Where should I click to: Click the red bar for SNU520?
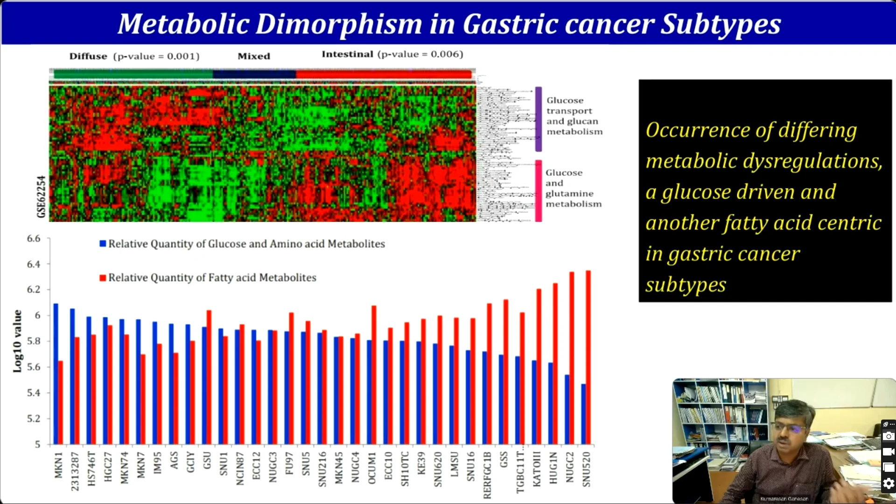[x=588, y=357]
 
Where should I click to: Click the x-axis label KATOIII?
[x=537, y=469]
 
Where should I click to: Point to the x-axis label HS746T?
[x=91, y=469]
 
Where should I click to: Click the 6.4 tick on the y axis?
[x=34, y=264]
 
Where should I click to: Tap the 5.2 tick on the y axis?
[x=34, y=419]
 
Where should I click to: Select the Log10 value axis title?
[x=17, y=341]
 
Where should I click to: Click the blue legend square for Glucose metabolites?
[x=103, y=244]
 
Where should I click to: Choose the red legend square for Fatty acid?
[x=103, y=278]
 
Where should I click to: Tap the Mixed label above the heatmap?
[x=254, y=56]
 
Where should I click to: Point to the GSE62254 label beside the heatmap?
[x=41, y=196]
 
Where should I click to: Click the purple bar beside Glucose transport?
[x=538, y=119]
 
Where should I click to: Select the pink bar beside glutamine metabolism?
[x=538, y=190]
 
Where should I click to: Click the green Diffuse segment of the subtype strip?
[x=133, y=74]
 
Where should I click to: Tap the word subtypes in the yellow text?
[x=686, y=285]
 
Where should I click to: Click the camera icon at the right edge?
[x=889, y=436]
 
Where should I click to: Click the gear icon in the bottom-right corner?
[x=889, y=483]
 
